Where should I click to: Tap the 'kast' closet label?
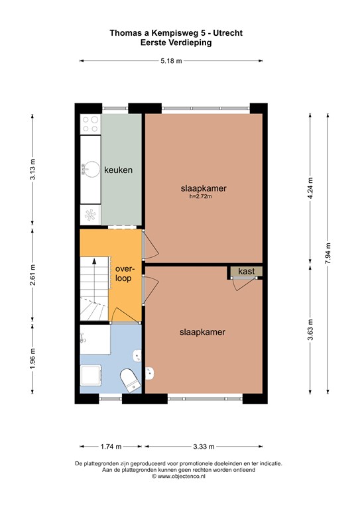point(247,272)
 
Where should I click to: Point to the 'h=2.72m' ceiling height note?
point(204,196)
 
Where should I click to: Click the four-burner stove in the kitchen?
point(90,125)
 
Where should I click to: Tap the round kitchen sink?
point(90,170)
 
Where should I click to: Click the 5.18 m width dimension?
point(171,61)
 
